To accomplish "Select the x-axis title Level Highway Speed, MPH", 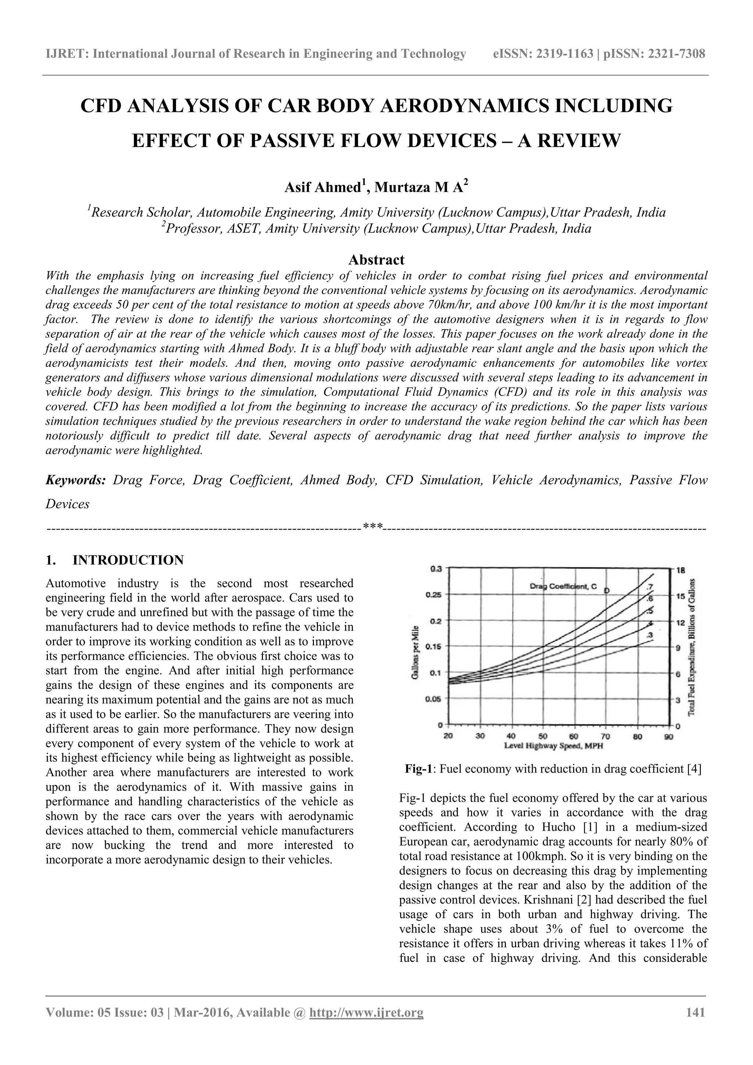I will (553, 746).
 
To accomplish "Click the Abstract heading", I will (376, 259).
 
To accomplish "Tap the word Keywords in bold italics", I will (76, 480).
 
